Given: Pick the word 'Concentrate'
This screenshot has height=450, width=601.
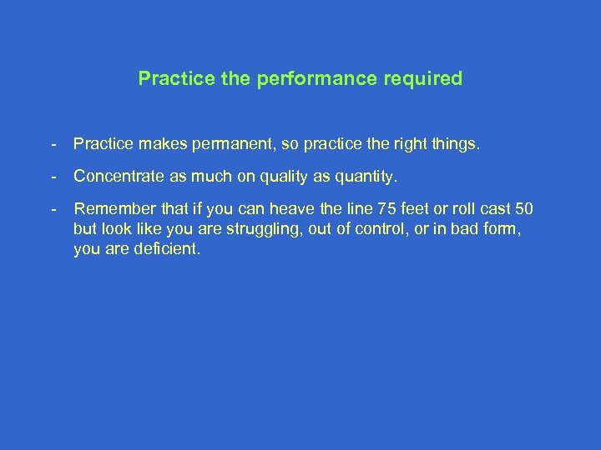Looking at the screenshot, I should [114, 176].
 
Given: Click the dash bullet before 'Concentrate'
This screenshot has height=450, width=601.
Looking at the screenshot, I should [53, 176].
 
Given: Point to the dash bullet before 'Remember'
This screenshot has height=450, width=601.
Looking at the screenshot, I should [53, 208].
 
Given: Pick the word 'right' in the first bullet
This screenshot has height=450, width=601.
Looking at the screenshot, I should [404, 144].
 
